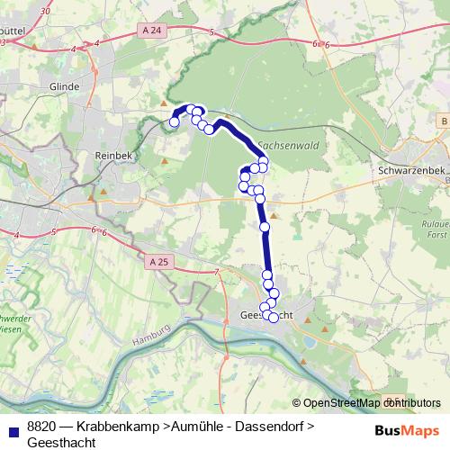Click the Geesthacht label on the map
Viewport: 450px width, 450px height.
pyautogui.click(x=265, y=314)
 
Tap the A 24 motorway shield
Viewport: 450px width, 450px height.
pyautogui.click(x=153, y=30)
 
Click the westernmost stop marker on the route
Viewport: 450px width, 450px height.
pyautogui.click(x=175, y=121)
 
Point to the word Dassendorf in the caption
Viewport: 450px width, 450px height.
pyautogui.click(x=268, y=425)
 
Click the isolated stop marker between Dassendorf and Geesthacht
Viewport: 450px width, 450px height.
pyautogui.click(x=265, y=227)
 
